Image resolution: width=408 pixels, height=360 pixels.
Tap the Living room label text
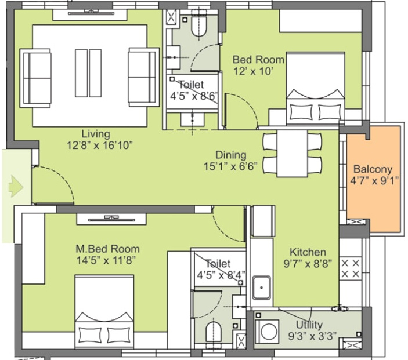95,133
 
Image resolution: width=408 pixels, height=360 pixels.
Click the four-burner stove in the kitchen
350,268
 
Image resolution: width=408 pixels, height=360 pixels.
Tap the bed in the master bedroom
104,313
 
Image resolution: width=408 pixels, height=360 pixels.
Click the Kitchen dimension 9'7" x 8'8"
308,264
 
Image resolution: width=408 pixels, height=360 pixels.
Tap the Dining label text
230,155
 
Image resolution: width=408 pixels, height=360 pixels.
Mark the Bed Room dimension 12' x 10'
253,71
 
